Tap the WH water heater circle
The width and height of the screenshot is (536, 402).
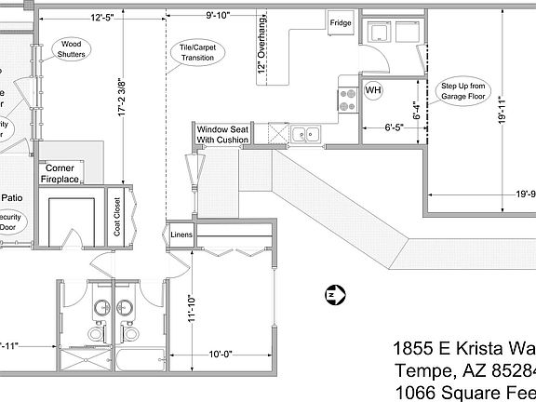coord(373,90)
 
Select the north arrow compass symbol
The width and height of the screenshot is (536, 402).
coord(334,296)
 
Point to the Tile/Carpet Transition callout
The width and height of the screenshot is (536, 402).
coord(196,52)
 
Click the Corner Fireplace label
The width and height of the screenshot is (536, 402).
coord(60,174)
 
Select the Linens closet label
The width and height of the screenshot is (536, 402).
coord(181,234)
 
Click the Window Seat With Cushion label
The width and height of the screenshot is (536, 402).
coord(222,134)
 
